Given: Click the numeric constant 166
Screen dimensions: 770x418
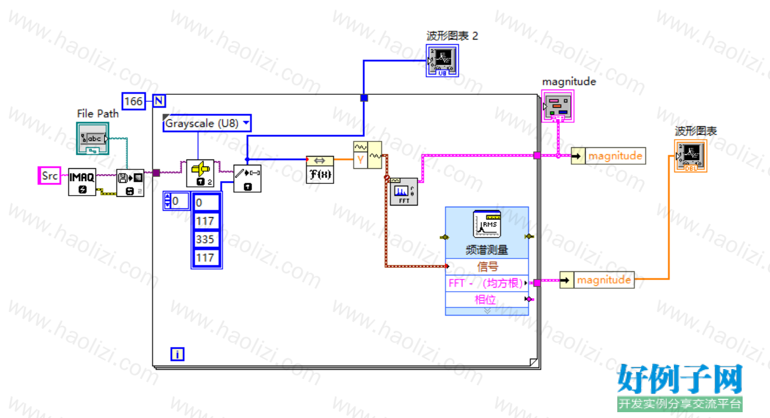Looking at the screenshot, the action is pos(133,101).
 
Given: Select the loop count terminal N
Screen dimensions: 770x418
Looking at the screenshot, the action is pos(159,101).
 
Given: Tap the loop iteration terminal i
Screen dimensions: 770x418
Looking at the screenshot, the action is pos(177,354).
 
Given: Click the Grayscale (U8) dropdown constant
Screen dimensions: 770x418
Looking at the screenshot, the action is pos(207,123).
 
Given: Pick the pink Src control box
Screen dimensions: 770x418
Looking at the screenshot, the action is pos(50,176).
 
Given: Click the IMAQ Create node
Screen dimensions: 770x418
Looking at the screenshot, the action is pos(82,182).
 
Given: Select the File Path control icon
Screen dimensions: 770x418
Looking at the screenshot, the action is pos(93,139).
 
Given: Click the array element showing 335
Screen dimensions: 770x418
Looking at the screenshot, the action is pos(206,239).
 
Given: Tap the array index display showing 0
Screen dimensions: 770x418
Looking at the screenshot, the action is pos(176,201).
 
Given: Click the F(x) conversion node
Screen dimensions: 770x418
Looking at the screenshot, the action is pos(319,170).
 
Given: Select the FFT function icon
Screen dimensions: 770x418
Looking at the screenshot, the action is pos(404,192).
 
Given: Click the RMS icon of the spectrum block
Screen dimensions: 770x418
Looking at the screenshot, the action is pos(487,224).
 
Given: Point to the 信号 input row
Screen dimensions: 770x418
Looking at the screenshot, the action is pos(487,267).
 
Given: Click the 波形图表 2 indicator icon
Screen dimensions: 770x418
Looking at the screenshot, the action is pos(442,61).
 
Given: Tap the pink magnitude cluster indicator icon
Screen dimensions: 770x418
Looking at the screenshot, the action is pos(558,106).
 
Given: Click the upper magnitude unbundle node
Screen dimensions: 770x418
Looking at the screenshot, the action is pos(609,156).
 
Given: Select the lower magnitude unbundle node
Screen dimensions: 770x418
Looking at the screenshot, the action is pos(597,280).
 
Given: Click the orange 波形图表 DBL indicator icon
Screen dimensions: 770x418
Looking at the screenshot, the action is pos(691,156).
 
